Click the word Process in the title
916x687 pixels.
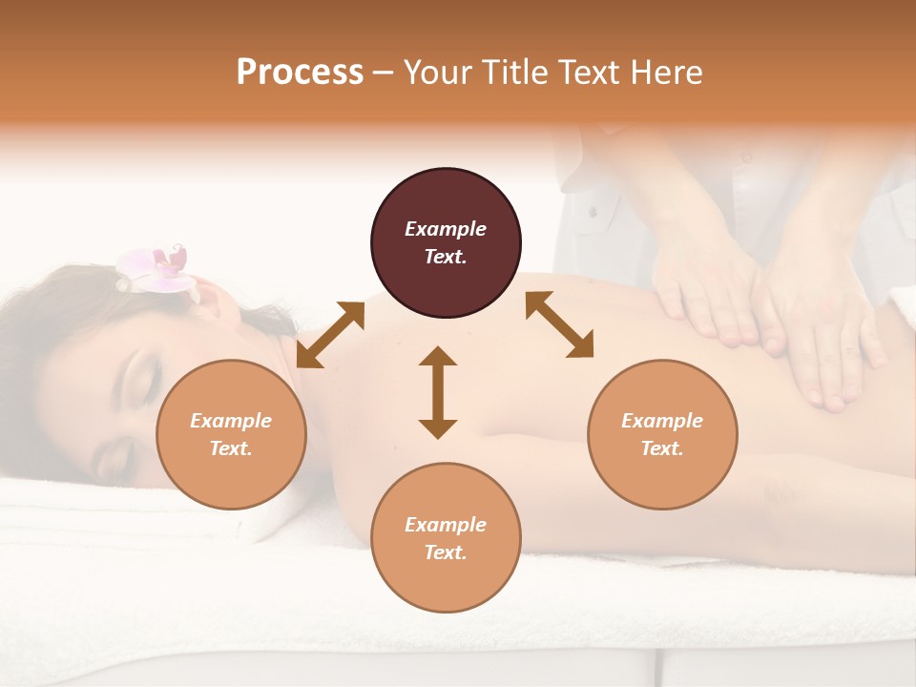pos(300,73)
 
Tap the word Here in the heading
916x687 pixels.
pos(664,73)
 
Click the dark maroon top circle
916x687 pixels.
pos(446,242)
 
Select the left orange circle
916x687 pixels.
pos(231,434)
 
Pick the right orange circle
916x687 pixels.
pos(662,434)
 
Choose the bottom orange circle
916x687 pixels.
pos(446,537)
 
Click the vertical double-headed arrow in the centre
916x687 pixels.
pos(438,392)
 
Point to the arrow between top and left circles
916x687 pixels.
pos(330,334)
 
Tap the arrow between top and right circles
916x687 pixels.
pos(560,325)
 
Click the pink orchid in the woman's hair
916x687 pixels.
pos(155,266)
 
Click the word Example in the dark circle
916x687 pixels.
pos(446,229)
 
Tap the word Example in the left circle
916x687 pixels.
pos(231,421)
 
